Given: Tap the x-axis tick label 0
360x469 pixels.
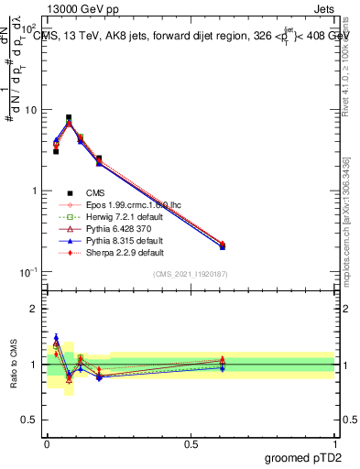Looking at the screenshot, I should pos(46,443).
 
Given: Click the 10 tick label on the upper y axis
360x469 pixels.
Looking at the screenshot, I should pos(30,110).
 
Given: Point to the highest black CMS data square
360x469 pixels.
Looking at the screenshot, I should pos(69,117).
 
